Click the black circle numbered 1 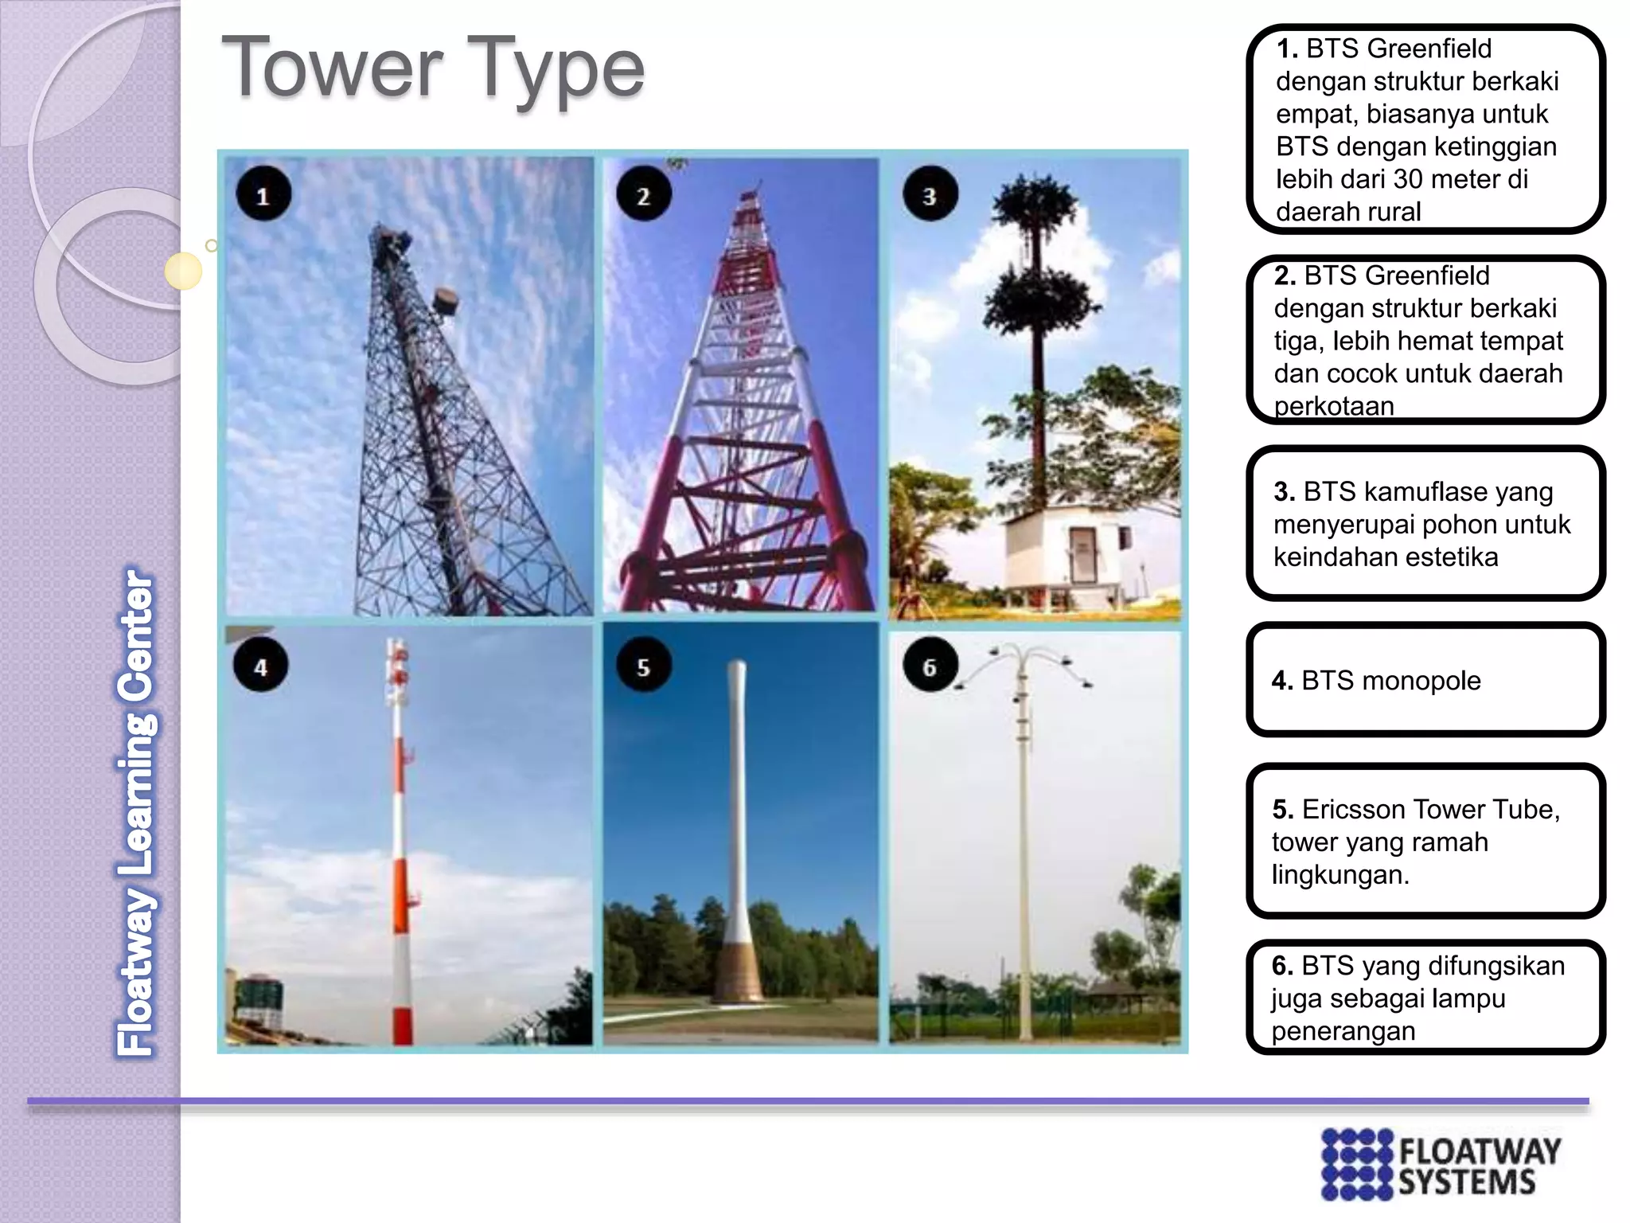tap(263, 193)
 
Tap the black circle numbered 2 tap(643, 193)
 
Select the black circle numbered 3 tap(930, 193)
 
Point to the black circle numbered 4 tap(260, 665)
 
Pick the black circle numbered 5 tap(643, 665)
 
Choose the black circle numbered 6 tap(930, 665)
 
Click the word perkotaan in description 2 tap(1334, 406)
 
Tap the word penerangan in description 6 tap(1343, 1031)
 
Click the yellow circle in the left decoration tap(183, 271)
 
